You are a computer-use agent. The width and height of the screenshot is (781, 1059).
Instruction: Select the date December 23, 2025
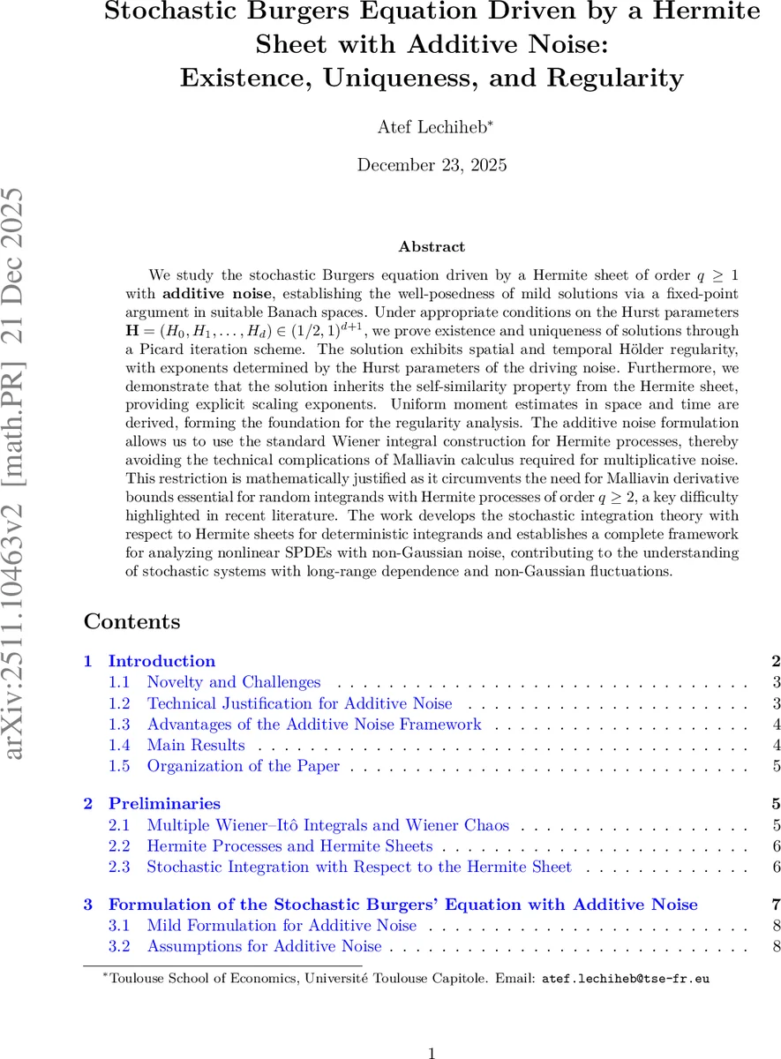click(432, 164)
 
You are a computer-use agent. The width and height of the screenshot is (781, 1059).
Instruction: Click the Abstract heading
click(432, 247)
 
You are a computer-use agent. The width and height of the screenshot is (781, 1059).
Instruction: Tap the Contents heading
click(131, 621)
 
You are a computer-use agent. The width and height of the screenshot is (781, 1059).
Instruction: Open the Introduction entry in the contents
click(161, 661)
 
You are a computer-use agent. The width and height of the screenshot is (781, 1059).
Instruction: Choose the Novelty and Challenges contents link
click(234, 682)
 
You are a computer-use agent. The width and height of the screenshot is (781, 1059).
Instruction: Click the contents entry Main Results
click(196, 746)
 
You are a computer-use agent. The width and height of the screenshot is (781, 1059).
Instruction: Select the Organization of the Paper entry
click(243, 766)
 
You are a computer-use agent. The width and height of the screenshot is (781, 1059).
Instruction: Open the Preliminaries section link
click(164, 803)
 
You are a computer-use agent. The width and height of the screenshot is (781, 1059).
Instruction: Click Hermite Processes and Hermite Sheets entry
click(289, 845)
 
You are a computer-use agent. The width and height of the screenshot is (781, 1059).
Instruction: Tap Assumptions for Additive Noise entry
click(264, 946)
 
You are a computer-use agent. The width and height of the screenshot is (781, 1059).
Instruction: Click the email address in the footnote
click(625, 979)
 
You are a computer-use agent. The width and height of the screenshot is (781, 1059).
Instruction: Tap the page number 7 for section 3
click(776, 905)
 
